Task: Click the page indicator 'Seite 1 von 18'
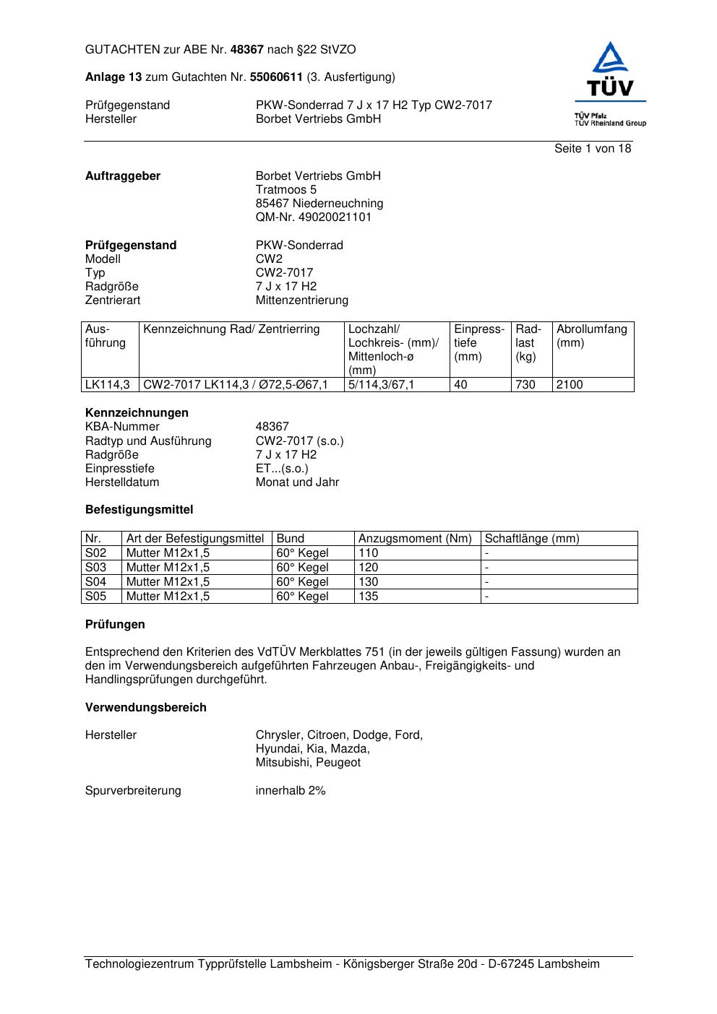592,149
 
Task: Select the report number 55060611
276,77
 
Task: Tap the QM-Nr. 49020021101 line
314,217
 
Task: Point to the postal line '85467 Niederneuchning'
319,204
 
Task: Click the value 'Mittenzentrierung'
301,300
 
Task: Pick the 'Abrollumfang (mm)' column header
591,336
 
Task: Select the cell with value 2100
570,385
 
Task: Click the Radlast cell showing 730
525,385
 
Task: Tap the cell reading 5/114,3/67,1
381,385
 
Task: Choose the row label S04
95,582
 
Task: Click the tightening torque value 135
369,597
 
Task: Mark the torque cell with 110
369,553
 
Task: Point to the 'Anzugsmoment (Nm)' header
415,539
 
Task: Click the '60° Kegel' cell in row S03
302,568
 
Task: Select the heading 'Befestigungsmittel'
139,510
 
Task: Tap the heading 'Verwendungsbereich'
145,708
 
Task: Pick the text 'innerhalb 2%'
291,791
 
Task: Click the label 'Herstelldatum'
122,482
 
